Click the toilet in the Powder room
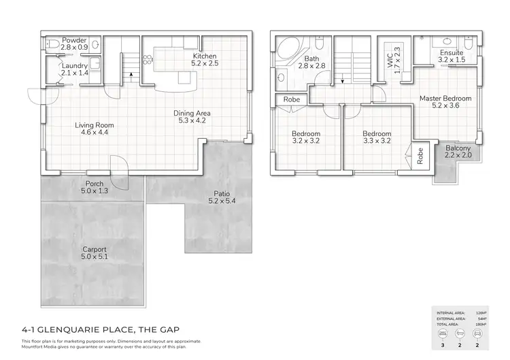pyautogui.click(x=52, y=44)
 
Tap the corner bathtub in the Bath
pyautogui.click(x=289, y=50)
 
